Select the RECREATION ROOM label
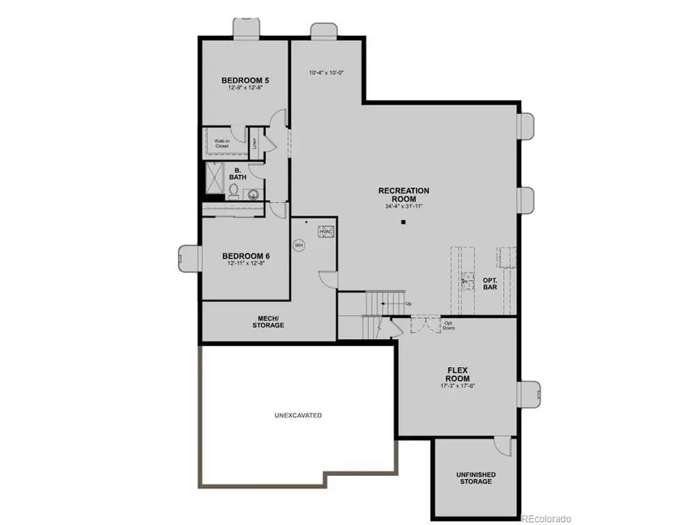(404, 194)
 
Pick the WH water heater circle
(298, 244)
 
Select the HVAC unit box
(327, 232)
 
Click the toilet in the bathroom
(233, 190)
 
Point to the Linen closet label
(254, 143)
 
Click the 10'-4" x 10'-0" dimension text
(326, 73)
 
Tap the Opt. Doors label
(449, 325)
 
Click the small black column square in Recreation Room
(404, 223)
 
